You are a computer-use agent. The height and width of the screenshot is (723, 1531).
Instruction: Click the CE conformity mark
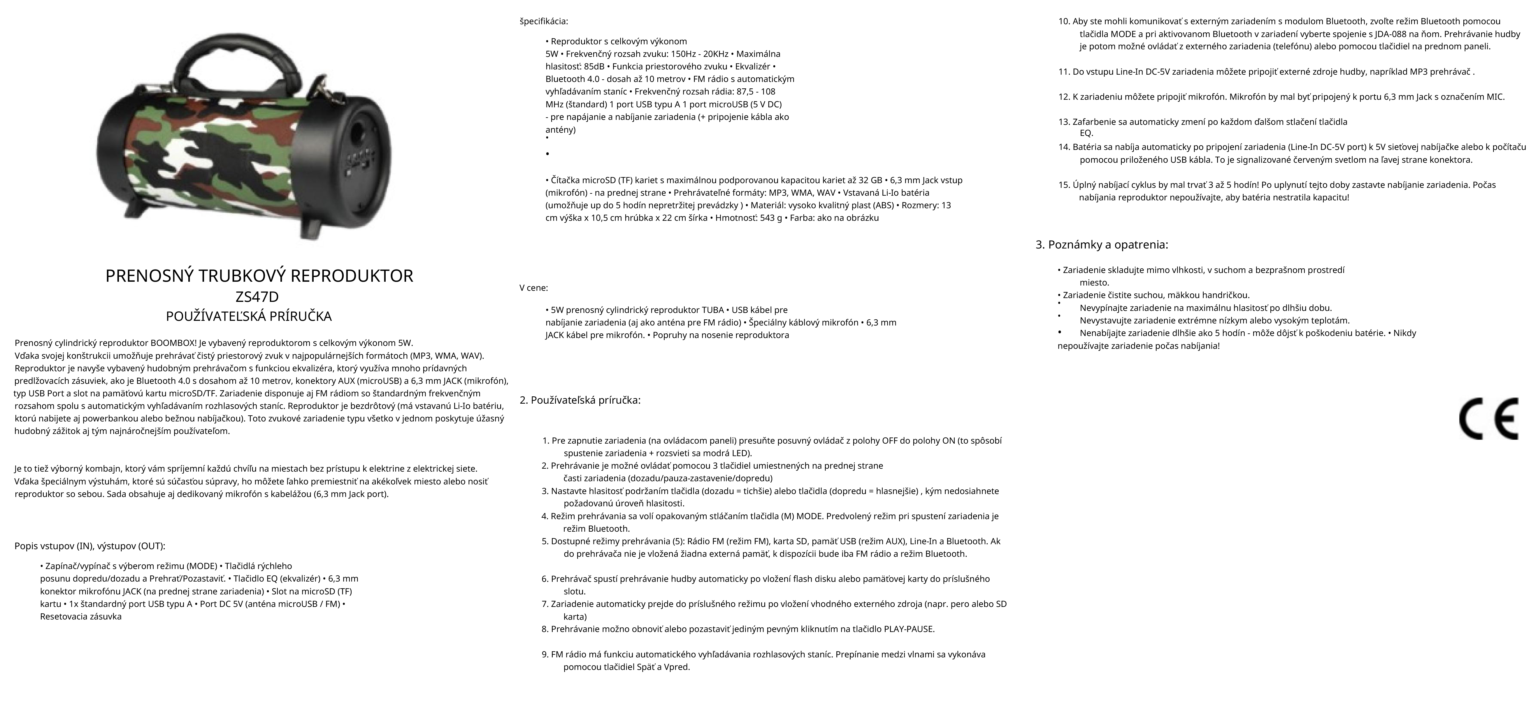tap(1489, 419)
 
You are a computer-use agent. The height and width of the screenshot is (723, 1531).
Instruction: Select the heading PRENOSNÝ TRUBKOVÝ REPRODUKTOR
tap(259, 276)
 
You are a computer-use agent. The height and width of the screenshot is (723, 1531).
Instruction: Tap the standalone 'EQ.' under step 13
tap(1086, 133)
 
